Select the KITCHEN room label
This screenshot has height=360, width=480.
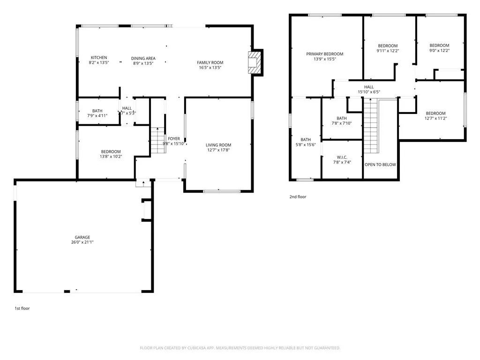coord(99,58)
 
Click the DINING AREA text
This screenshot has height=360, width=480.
coord(143,59)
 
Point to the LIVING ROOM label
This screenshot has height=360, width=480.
coord(218,145)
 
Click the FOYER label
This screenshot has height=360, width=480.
coord(174,139)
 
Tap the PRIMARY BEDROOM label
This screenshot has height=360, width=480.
coord(325,54)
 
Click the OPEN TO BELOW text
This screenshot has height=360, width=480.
coord(380,165)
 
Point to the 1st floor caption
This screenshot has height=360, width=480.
coord(22,308)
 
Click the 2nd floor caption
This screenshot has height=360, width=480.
coord(298,197)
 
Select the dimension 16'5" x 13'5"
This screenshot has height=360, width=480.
coord(210,67)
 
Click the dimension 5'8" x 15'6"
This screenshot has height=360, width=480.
coord(306,144)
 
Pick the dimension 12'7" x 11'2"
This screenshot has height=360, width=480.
coord(435,118)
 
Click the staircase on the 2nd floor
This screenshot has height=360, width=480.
coord(371,127)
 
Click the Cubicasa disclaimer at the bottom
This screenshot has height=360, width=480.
coord(240,348)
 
